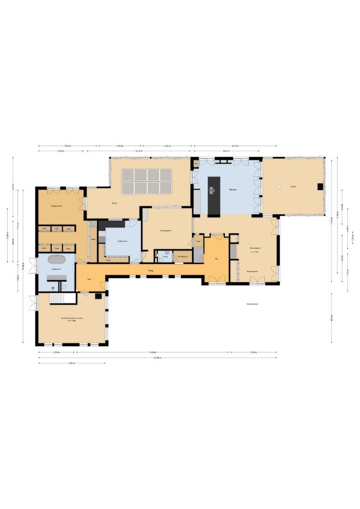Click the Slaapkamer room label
pyautogui.click(x=57, y=206)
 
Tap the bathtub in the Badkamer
pyautogui.click(x=57, y=259)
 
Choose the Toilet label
pyautogui.click(x=164, y=257)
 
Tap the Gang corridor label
pyautogui.click(x=151, y=271)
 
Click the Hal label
pyautogui.click(x=89, y=279)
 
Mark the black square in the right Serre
pyautogui.click(x=320, y=187)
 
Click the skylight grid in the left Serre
pyautogui.click(x=147, y=181)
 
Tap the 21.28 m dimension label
pyautogui.click(x=157, y=358)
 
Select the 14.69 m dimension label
pyautogui.click(x=153, y=352)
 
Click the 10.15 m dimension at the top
pyautogui.click(x=139, y=151)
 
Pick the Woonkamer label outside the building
pyautogui.click(x=252, y=304)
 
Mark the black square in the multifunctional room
pyautogui.click(x=98, y=296)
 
